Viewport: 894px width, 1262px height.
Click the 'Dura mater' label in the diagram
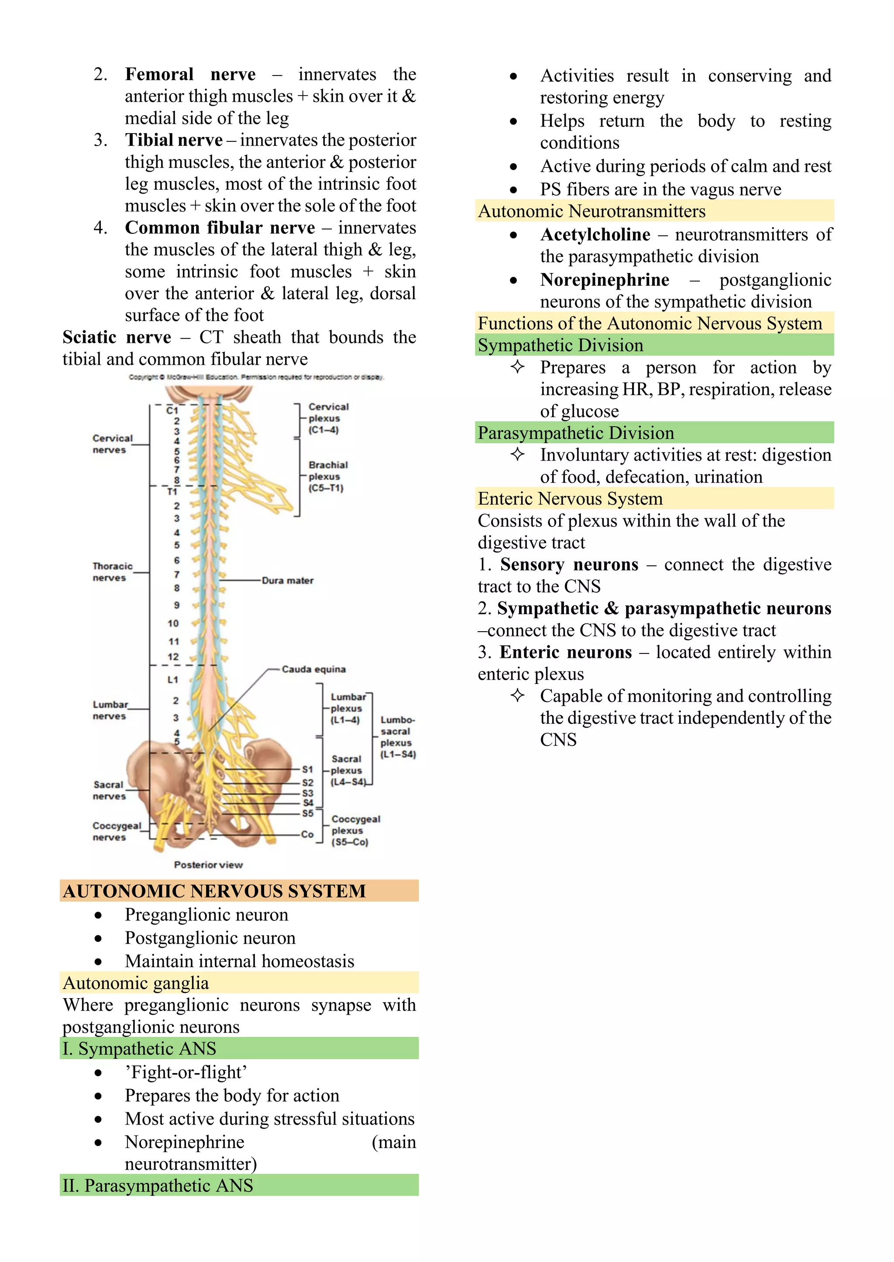point(287,580)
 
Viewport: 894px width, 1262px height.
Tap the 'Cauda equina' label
point(313,669)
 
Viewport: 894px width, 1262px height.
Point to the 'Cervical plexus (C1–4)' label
point(328,418)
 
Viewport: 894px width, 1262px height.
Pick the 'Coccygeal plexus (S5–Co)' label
point(355,830)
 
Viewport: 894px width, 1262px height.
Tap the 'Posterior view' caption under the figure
point(208,865)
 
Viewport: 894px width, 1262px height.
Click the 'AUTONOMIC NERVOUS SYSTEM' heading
point(214,891)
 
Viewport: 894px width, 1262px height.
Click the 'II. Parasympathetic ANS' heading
point(158,1186)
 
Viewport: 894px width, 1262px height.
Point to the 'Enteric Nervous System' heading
point(570,499)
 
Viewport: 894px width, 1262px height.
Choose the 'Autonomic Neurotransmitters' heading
point(592,211)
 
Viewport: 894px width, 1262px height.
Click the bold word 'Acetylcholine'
point(595,235)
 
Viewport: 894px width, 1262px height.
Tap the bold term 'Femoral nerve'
point(190,74)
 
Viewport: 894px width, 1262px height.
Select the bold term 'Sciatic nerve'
point(117,337)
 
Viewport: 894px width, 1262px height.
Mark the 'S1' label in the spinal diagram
point(307,769)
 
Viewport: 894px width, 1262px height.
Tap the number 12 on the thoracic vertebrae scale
point(173,657)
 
